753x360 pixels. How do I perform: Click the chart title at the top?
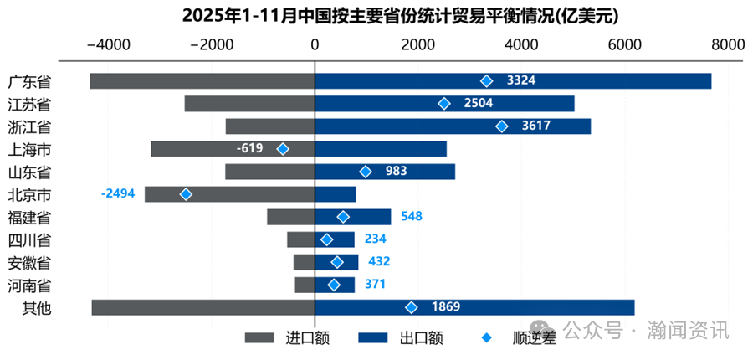tap(376, 16)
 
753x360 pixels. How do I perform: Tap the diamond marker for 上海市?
tap(283, 149)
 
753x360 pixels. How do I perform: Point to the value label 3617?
tap(535, 126)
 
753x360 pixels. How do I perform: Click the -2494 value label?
tap(117, 194)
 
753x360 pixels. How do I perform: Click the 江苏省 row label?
tap(30, 104)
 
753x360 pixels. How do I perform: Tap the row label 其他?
tap(37, 307)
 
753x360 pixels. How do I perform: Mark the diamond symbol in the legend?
tap(488, 337)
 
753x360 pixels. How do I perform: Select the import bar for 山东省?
tap(269, 172)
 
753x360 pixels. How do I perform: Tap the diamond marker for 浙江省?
tap(502, 126)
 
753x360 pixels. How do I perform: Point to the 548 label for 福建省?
tap(412, 217)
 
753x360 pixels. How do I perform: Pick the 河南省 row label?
tap(30, 285)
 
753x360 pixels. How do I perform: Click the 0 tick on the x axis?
tap(315, 44)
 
